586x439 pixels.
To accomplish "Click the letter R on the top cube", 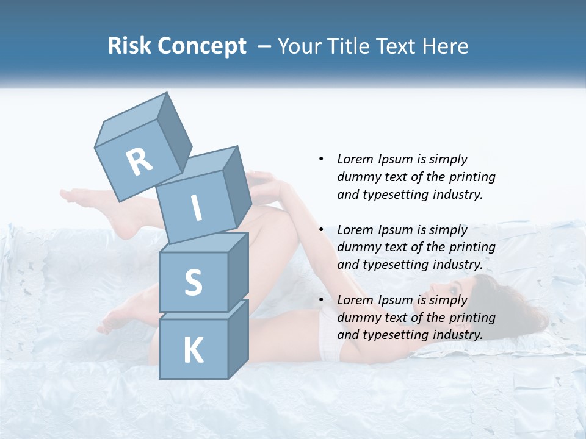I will [x=139, y=162].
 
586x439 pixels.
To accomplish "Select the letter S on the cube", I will [x=193, y=282].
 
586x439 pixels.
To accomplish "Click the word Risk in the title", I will [x=129, y=46].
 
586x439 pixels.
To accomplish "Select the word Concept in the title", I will [x=201, y=46].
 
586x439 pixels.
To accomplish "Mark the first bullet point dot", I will [x=321, y=159].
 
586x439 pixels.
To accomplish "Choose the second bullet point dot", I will [x=321, y=230].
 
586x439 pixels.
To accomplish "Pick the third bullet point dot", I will [x=321, y=300].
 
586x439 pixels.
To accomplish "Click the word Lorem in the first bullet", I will [x=355, y=159].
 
